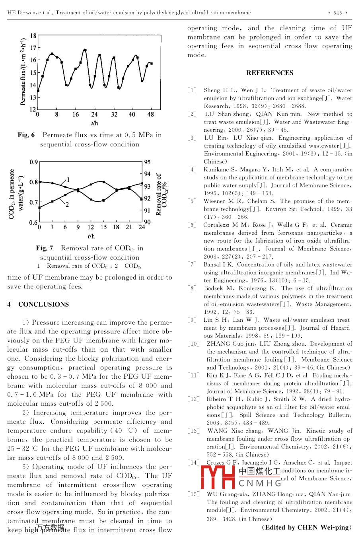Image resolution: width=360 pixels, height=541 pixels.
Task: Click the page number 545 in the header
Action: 338,13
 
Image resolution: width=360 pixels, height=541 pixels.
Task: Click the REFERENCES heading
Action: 270,73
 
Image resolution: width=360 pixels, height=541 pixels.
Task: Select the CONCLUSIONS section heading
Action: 43,304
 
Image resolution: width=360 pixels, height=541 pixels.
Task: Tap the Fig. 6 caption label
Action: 26,135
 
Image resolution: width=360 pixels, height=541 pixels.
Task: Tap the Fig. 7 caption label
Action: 45,248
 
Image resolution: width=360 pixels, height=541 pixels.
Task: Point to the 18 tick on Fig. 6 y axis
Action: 33,36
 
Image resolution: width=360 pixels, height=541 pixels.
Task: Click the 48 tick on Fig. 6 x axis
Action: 150,115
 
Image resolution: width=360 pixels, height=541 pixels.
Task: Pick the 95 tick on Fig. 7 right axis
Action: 147,162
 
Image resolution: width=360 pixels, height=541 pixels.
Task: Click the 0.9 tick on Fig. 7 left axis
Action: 33,162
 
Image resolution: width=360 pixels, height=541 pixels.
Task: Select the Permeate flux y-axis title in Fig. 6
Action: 23,72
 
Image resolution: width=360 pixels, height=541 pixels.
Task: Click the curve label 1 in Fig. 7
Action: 68,180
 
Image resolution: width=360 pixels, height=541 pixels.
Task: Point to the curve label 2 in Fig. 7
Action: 67,204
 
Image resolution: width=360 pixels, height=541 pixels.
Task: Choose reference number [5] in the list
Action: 192,201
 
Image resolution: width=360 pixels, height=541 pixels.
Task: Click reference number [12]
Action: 193,399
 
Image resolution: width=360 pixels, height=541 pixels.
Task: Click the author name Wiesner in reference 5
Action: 215,201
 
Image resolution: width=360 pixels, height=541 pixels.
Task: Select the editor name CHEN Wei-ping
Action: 324,527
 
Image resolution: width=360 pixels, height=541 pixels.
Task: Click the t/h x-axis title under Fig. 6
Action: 94,123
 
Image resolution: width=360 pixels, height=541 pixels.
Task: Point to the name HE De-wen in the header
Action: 20,13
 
